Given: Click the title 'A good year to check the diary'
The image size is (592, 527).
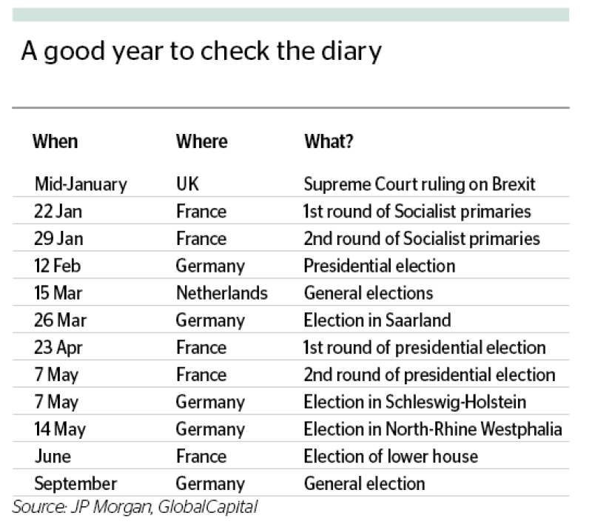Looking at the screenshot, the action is [201, 51].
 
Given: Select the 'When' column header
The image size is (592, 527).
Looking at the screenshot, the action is [55, 141].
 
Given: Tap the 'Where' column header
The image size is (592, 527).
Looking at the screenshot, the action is [201, 141].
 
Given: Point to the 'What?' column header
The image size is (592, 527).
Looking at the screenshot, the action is [329, 141].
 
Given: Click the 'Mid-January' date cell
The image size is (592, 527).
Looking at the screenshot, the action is [81, 184].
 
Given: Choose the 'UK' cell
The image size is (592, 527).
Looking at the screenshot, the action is [187, 184].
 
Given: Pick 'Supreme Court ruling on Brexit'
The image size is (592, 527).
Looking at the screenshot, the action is [420, 184].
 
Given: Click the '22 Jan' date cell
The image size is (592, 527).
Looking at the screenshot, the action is [58, 212].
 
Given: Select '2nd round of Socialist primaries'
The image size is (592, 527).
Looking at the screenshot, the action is [422, 239].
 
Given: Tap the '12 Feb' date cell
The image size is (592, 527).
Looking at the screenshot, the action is [58, 266].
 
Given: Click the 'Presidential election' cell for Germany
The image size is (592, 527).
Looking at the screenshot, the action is [380, 266].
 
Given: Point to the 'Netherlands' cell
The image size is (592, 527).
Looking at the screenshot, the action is [222, 293].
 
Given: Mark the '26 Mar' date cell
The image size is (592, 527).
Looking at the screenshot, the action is [60, 320].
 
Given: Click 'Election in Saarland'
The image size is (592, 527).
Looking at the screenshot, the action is [377, 320].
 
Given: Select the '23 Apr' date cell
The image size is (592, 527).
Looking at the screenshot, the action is [58, 348].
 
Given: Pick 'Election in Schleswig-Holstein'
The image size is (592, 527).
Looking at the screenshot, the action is [415, 403].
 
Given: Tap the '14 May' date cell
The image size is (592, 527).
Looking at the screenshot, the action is [60, 429].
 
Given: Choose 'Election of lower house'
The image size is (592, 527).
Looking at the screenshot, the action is [391, 456].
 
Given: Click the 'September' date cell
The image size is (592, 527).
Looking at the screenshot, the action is [75, 484].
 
